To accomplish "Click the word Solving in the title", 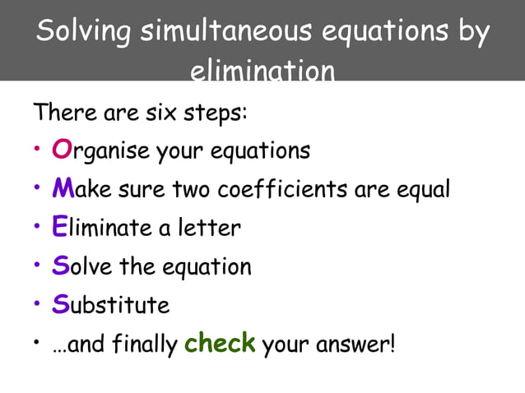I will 84,32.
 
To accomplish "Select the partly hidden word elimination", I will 262,73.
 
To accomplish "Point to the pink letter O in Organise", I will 62,150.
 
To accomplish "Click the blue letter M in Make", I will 63,189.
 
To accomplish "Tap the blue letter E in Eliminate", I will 58,227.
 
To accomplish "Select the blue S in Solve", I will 59,266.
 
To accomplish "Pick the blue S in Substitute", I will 59,304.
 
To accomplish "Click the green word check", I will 220,343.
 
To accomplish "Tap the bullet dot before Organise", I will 38,150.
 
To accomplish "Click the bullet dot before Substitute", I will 38,305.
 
